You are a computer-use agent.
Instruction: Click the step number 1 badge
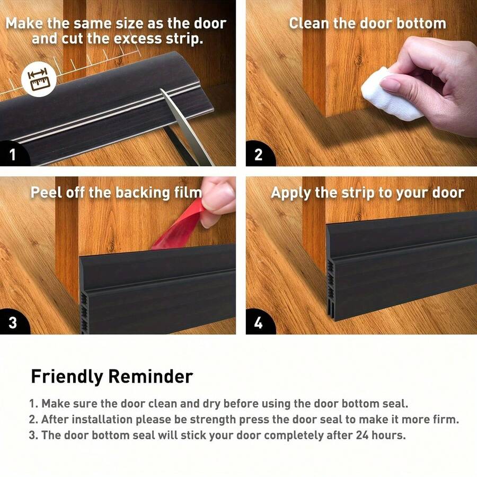click(12, 155)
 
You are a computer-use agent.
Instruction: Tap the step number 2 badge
click(258, 155)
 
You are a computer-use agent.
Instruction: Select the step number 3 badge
click(12, 323)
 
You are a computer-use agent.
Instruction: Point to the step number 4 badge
click(258, 323)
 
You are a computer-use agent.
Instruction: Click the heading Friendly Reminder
click(112, 376)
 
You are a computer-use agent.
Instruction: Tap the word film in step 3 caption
click(188, 192)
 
